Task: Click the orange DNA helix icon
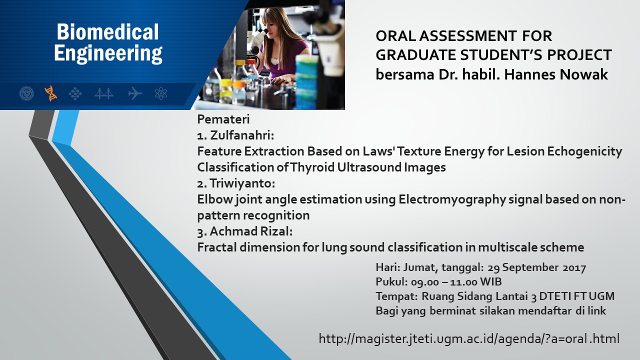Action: pos(51,93)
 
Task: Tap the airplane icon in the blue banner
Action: pos(135,93)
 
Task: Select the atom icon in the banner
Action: pos(161,93)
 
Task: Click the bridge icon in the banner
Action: pos(104,93)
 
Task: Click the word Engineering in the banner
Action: pos(108,53)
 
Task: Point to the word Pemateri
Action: pos(223,119)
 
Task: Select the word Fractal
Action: pos(217,247)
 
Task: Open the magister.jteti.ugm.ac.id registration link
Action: pos(469,338)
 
